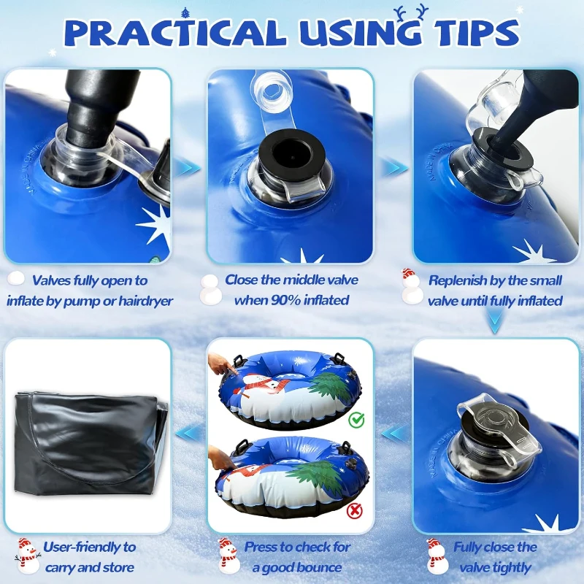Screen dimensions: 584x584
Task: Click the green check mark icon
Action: point(356,420)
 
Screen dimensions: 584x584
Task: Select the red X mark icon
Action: point(354,510)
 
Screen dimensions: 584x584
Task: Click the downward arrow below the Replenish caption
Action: point(495,321)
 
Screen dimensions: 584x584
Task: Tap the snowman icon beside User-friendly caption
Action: point(28,556)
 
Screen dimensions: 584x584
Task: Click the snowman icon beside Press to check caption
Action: point(228,556)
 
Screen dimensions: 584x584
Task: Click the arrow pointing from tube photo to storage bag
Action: point(189,433)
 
